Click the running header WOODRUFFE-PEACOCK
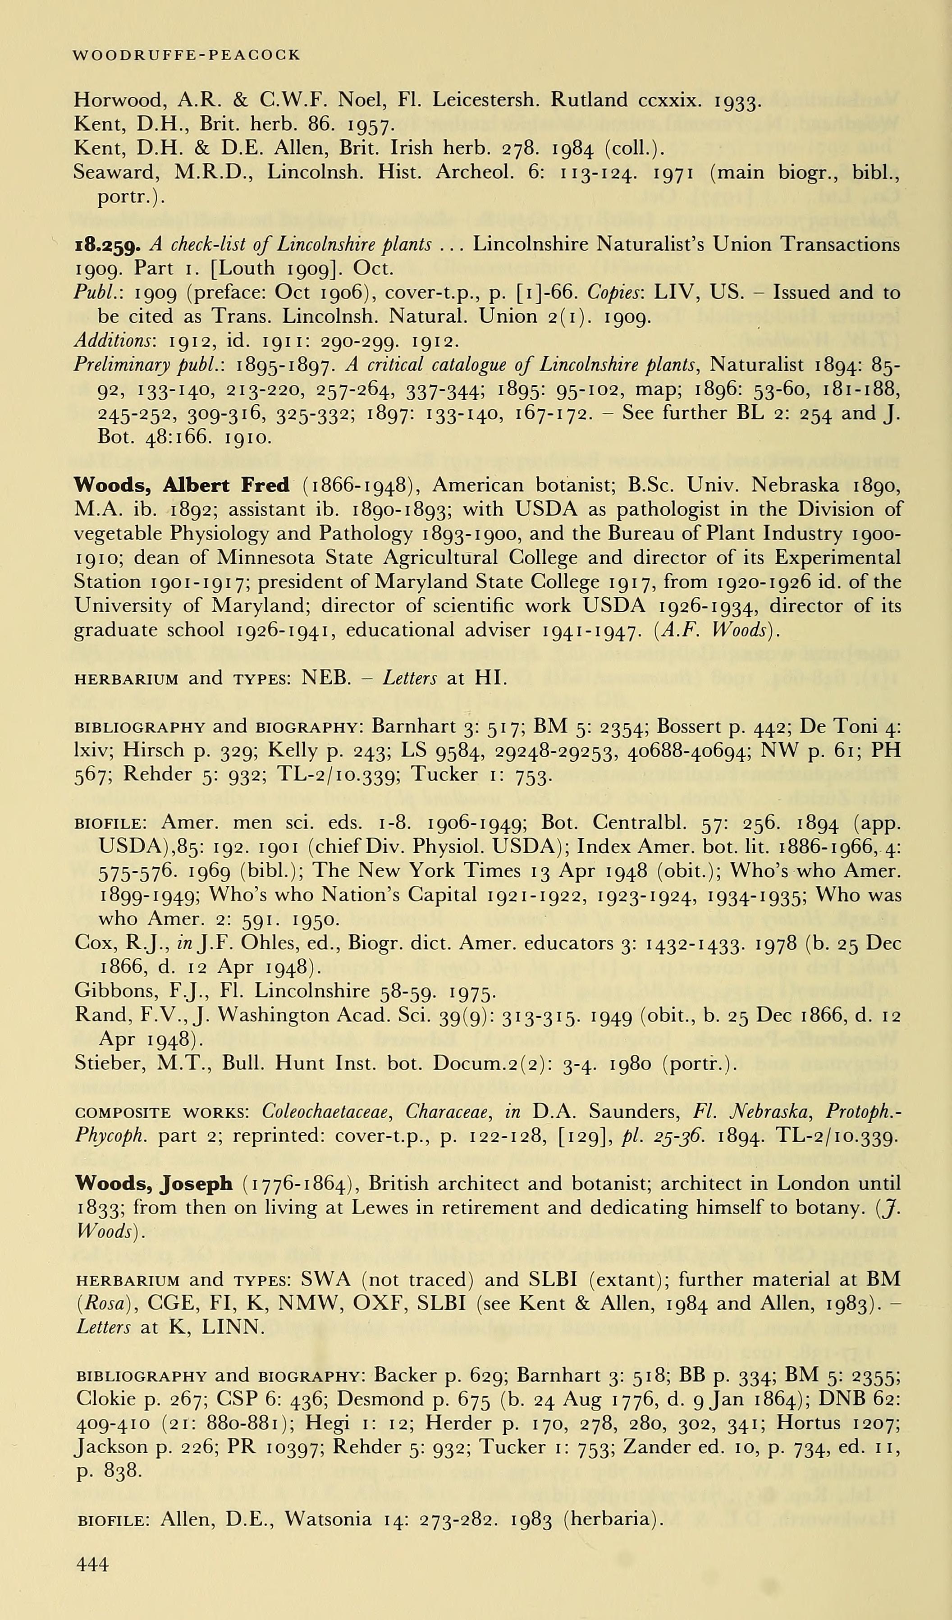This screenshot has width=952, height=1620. (187, 55)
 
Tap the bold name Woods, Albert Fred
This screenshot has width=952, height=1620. (181, 485)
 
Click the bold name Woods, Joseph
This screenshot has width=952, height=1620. (154, 1184)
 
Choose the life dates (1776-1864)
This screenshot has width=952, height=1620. (296, 1184)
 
